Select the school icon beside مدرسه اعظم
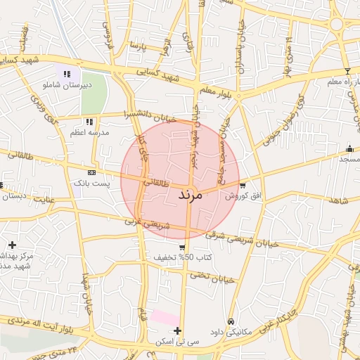[x=89, y=121]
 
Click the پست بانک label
[x=91, y=183]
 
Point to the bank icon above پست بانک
[x=91, y=172]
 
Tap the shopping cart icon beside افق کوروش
[x=243, y=186]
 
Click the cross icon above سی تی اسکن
[x=177, y=330]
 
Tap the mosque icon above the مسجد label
[x=349, y=148]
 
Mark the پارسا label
[x=138, y=46]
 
